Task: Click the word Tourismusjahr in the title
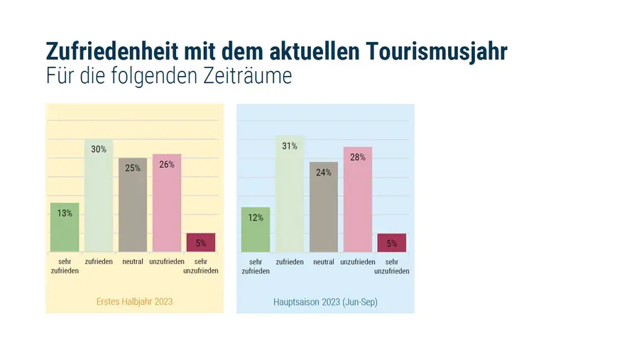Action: pos(437,51)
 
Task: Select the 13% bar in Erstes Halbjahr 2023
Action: pos(65,227)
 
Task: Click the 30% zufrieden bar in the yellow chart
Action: pos(99,196)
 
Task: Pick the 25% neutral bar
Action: pos(133,205)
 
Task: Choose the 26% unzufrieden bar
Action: pos(167,203)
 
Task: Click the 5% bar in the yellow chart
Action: pos(201,242)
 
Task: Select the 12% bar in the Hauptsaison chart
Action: pos(256,229)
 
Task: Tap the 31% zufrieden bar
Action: pos(290,194)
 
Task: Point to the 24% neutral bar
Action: pos(324,207)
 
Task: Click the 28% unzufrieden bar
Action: pos(358,200)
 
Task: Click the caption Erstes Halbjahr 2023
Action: pos(134,302)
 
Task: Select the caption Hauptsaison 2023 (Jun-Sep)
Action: pos(325,302)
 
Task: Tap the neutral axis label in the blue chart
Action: pos(324,262)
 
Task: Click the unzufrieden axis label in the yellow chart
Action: pos(167,262)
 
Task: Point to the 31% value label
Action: pos(290,146)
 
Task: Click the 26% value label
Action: pos(167,164)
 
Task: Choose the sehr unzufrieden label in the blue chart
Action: pos(392,266)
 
